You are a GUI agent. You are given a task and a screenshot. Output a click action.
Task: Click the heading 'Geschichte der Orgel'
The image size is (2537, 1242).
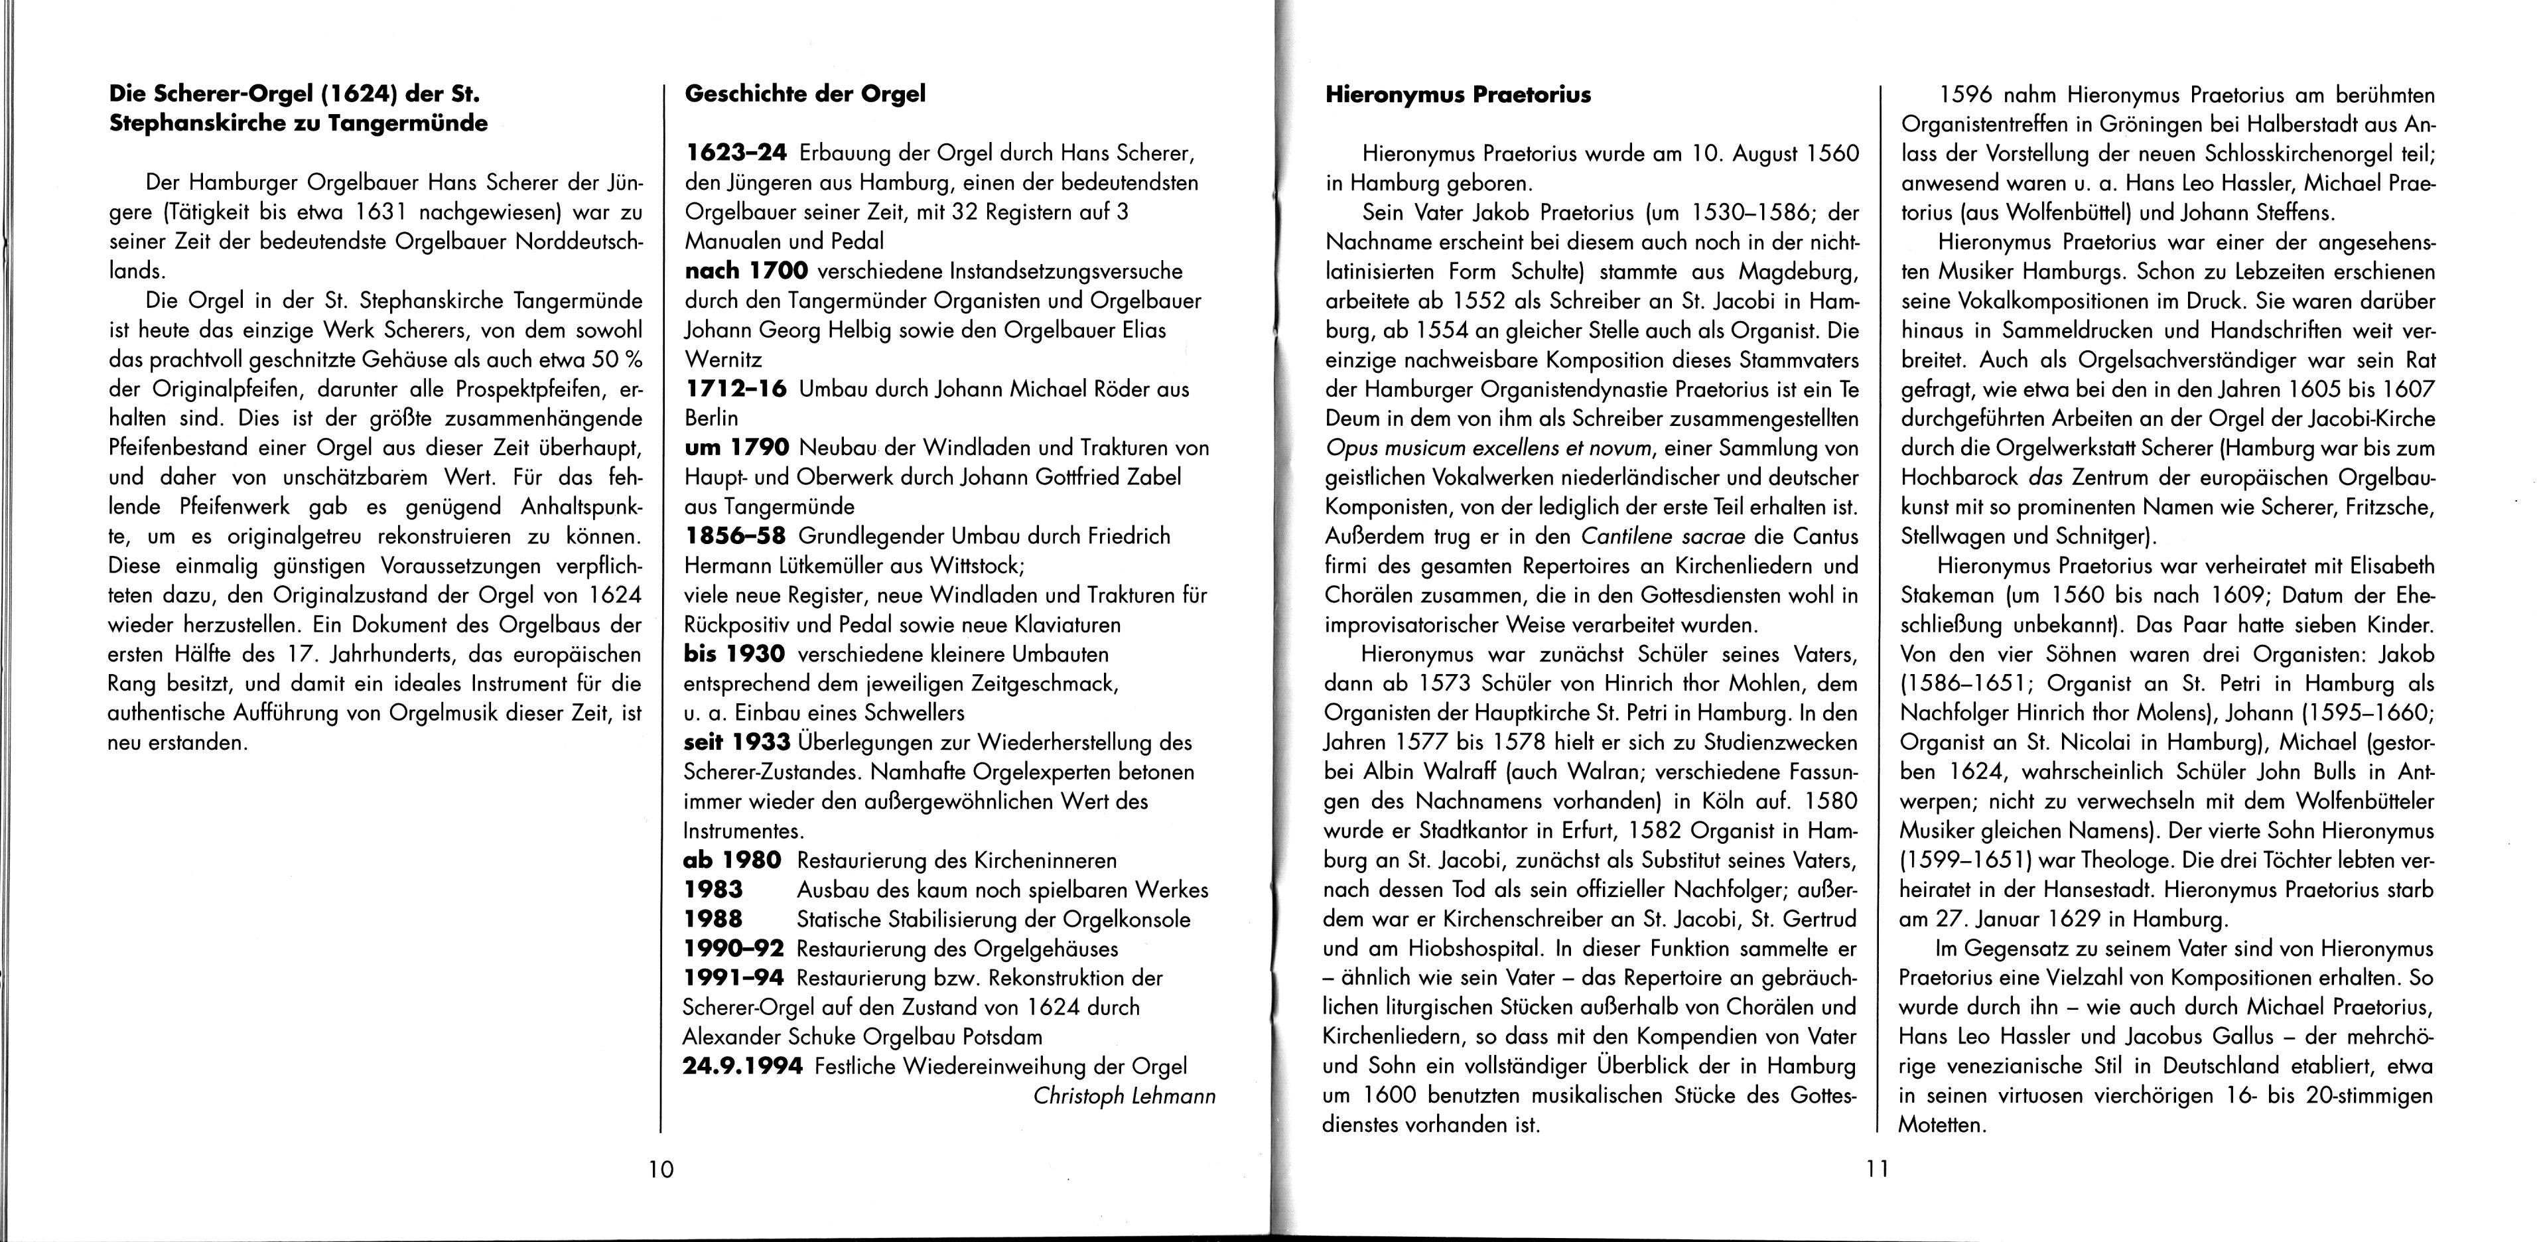[805, 95]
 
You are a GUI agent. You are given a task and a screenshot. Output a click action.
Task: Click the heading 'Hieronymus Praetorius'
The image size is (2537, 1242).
[1459, 96]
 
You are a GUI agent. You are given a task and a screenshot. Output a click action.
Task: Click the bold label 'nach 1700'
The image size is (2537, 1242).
[746, 271]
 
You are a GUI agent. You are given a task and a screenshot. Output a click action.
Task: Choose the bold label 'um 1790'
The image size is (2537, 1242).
[736, 448]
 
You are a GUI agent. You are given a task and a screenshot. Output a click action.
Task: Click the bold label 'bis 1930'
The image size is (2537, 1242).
[734, 654]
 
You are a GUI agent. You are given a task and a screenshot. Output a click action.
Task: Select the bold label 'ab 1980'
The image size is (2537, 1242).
[732, 860]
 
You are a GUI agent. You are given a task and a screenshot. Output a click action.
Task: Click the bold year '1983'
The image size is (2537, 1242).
[713, 890]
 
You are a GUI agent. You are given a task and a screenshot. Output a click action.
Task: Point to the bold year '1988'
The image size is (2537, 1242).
[713, 919]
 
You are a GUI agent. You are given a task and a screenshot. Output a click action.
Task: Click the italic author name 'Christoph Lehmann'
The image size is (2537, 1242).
[1124, 1096]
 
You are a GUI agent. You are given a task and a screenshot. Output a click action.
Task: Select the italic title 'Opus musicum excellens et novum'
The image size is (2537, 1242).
[1488, 448]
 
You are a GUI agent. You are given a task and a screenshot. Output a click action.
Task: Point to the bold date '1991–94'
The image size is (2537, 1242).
[734, 978]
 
